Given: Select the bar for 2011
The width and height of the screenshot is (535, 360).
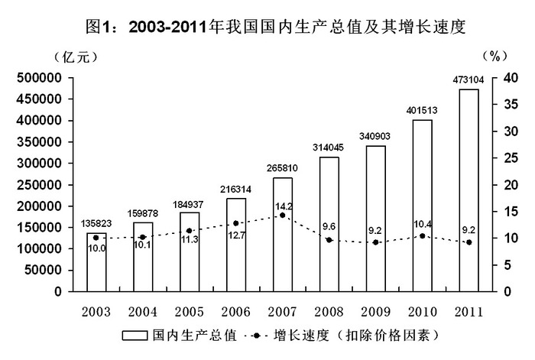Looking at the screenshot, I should (x=469, y=190).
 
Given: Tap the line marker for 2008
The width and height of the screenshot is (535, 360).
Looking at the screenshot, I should (x=329, y=240).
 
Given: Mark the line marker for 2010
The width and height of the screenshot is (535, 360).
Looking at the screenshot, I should (x=422, y=235).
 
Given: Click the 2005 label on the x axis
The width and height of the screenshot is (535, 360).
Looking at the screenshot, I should (x=190, y=312).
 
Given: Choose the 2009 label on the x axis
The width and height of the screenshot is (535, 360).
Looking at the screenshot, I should (x=375, y=312).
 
